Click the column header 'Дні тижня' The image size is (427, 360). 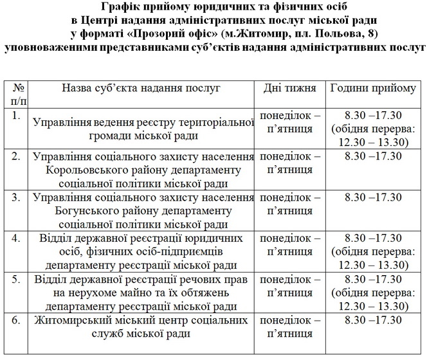[x=290, y=87]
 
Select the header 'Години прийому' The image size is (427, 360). [x=372, y=87]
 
